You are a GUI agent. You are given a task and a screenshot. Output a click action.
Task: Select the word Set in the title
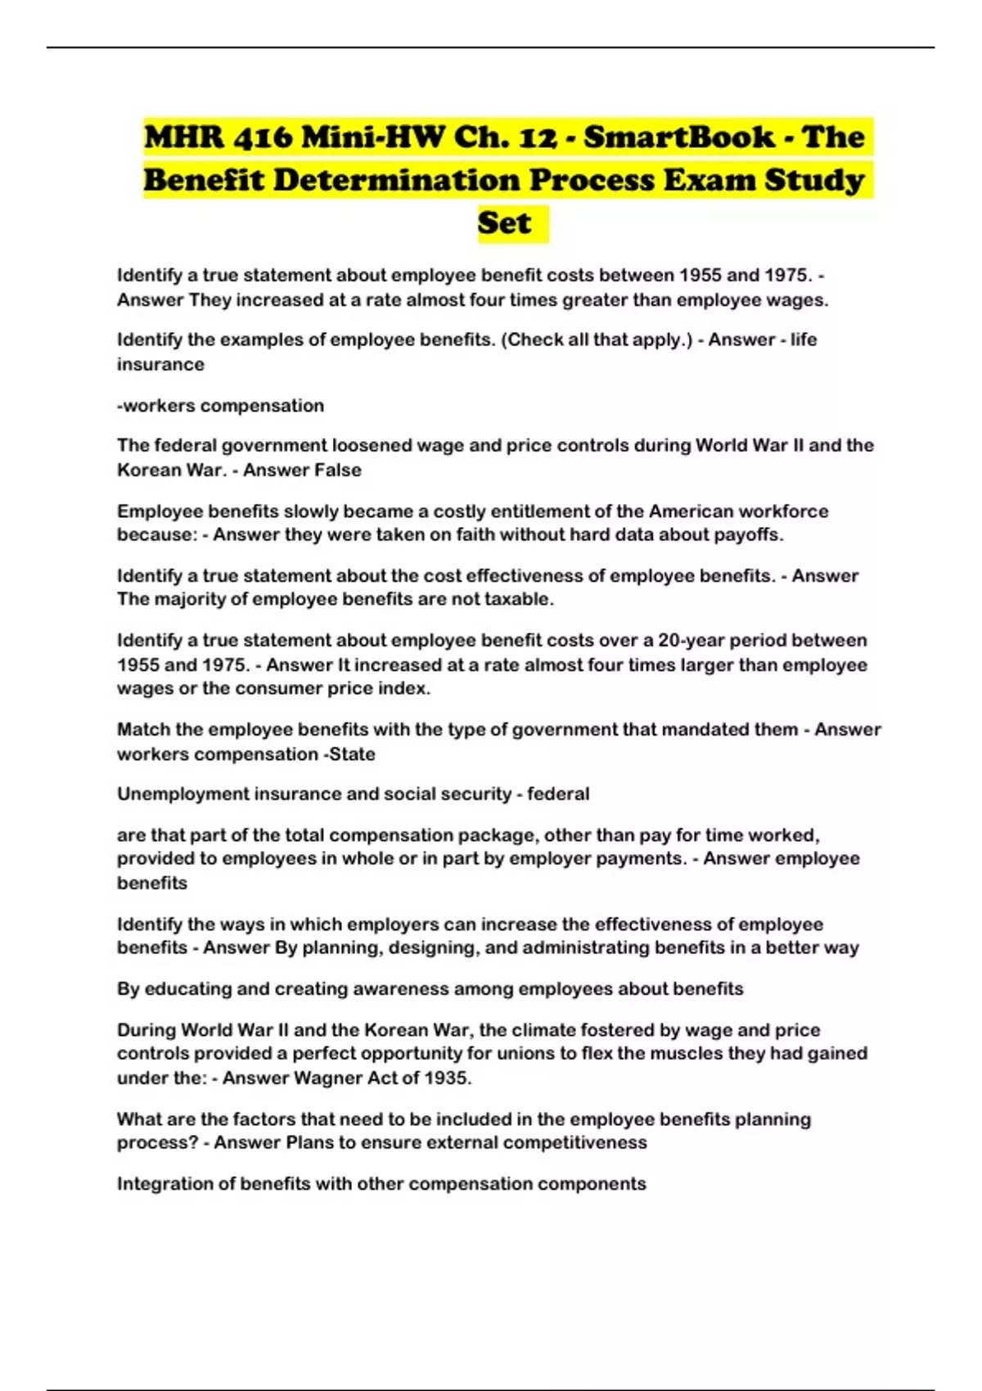tap(504, 223)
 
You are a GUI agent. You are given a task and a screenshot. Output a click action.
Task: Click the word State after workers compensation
tap(352, 754)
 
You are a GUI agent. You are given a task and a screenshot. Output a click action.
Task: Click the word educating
tap(187, 989)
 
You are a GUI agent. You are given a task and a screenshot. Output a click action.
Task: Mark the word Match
tap(142, 730)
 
